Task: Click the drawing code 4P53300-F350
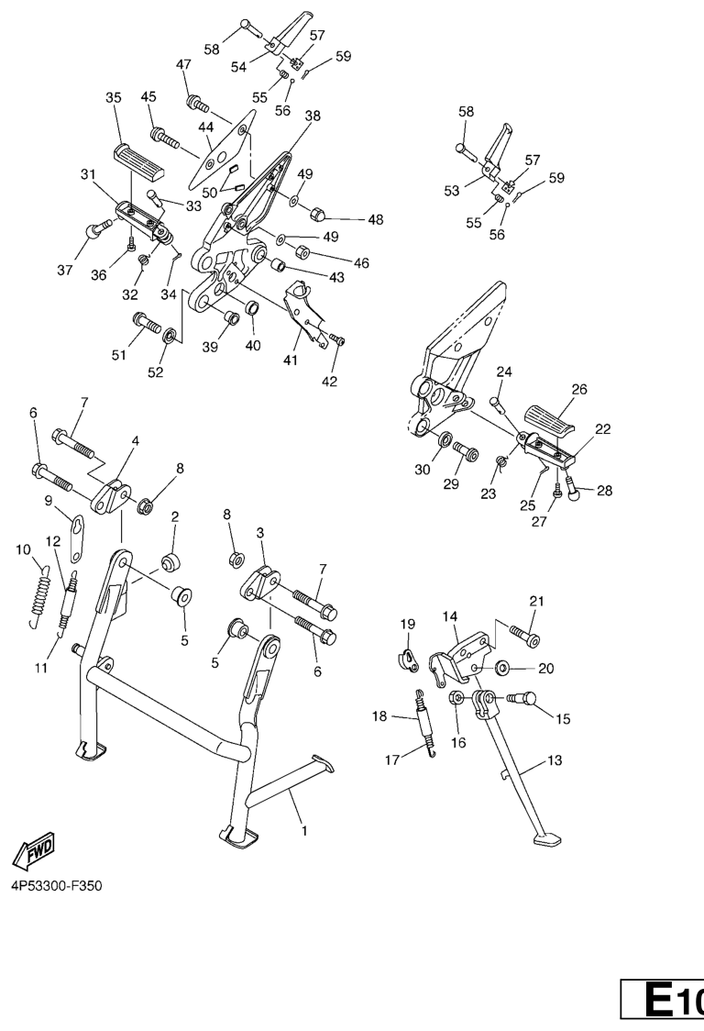(57, 886)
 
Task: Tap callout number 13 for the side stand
(555, 760)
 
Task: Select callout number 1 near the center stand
(304, 831)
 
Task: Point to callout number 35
(114, 98)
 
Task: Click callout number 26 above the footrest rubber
(579, 389)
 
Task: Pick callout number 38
(313, 116)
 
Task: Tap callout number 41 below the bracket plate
(291, 360)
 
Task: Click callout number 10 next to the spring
(23, 549)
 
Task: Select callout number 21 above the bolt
(537, 601)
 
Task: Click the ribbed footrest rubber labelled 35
(139, 161)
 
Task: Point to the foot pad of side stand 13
(547, 839)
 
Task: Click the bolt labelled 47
(198, 104)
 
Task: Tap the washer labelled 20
(503, 669)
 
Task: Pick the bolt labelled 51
(147, 323)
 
